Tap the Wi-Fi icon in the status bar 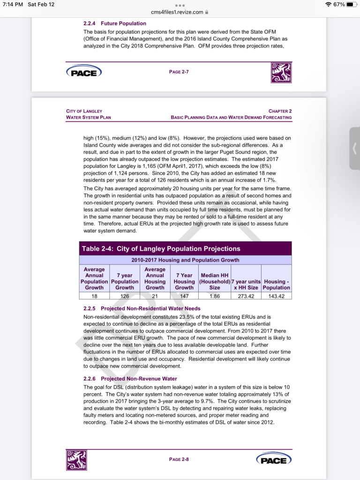pos(327,4)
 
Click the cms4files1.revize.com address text pos(177,12)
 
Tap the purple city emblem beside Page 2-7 pos(281,72)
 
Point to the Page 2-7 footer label pos(179,71)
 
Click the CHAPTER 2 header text pos(280,111)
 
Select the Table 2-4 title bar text pos(161,249)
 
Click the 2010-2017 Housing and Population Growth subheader pos(185,260)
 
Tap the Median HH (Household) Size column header pos(214,278)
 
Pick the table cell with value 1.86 pos(214,296)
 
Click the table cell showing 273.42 pos(246,296)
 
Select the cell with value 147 pos(184,296)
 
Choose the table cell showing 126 pos(125,296)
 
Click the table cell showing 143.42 pos(277,296)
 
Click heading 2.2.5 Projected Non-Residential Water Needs pos(142,308)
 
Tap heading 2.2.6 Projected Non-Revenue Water pos(130,379)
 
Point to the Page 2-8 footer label pos(179,459)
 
